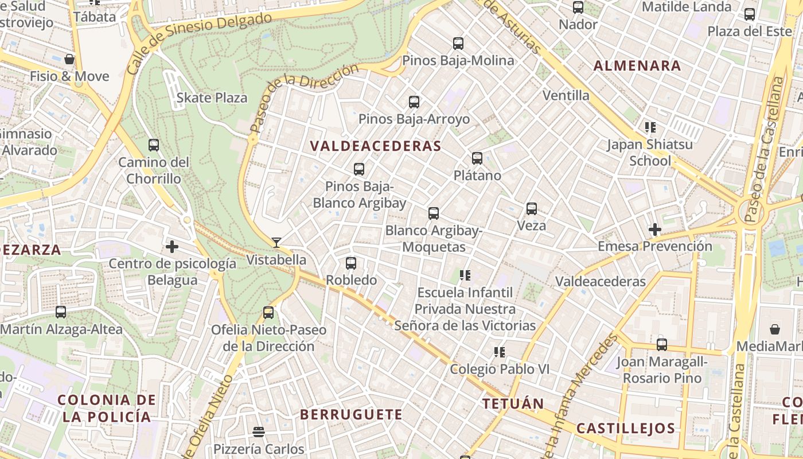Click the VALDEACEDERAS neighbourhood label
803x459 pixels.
point(376,146)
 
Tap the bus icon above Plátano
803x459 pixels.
point(477,158)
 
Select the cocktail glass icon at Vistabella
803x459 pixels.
point(276,243)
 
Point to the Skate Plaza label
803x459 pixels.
point(212,98)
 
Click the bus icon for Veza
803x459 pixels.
point(532,209)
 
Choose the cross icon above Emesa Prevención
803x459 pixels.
point(655,230)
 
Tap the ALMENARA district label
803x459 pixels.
point(637,65)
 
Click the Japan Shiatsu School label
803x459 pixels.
point(650,153)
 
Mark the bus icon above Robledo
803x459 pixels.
point(351,263)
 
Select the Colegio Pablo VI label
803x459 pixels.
point(500,369)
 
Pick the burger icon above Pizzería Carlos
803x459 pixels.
point(259,432)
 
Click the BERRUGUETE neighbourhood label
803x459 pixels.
point(351,414)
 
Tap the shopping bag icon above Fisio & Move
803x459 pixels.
point(69,59)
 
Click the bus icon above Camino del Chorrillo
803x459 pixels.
point(153,145)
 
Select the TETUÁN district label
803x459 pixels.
point(513,403)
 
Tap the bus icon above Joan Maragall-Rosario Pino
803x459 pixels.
point(662,345)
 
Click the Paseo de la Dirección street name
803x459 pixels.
point(304,98)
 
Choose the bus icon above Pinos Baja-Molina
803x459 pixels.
point(458,44)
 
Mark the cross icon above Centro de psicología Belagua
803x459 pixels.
point(172,247)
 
